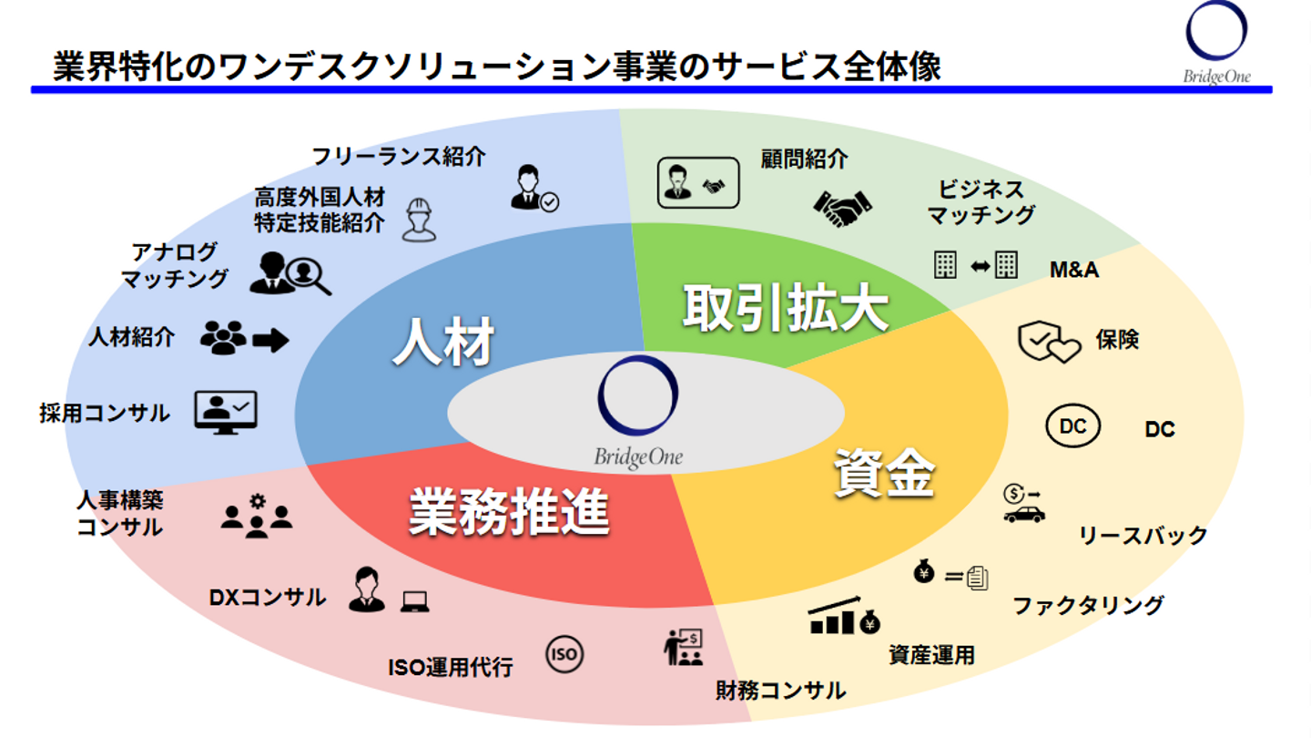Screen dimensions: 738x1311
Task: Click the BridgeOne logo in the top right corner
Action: [x=1216, y=42]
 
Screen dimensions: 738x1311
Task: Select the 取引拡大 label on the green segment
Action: [x=785, y=309]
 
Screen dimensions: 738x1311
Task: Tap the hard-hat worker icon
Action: [x=419, y=219]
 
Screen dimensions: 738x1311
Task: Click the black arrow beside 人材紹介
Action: [x=270, y=341]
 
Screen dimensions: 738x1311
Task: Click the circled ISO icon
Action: [x=564, y=653]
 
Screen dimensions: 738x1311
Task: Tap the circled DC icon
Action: [x=1073, y=426]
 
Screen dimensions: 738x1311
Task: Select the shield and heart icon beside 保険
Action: [x=1048, y=343]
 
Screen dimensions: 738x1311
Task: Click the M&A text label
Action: [x=1074, y=270]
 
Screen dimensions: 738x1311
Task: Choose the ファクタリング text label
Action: [x=1088, y=605]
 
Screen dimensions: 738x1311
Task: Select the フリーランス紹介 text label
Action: [x=399, y=156]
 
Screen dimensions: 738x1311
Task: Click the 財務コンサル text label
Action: [x=780, y=690]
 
